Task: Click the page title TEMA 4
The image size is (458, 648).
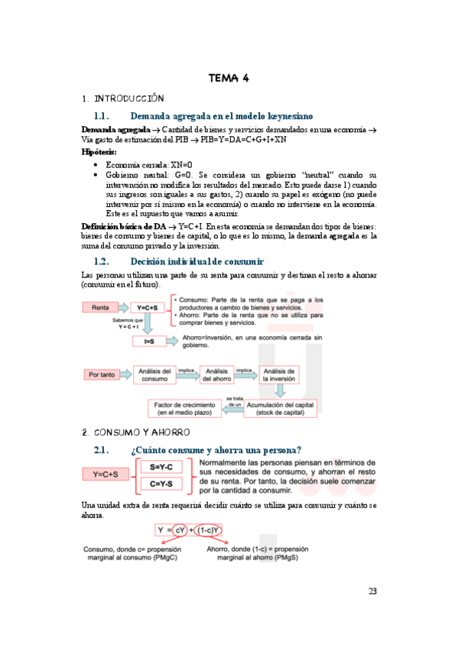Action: point(229,78)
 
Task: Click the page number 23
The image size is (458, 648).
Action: point(372,591)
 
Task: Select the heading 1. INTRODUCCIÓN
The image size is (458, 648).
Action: point(123,99)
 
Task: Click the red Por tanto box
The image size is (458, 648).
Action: point(102,374)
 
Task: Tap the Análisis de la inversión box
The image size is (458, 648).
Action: point(281,374)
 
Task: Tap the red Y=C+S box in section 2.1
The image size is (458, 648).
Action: point(105,475)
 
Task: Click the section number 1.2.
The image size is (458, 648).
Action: point(102,261)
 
